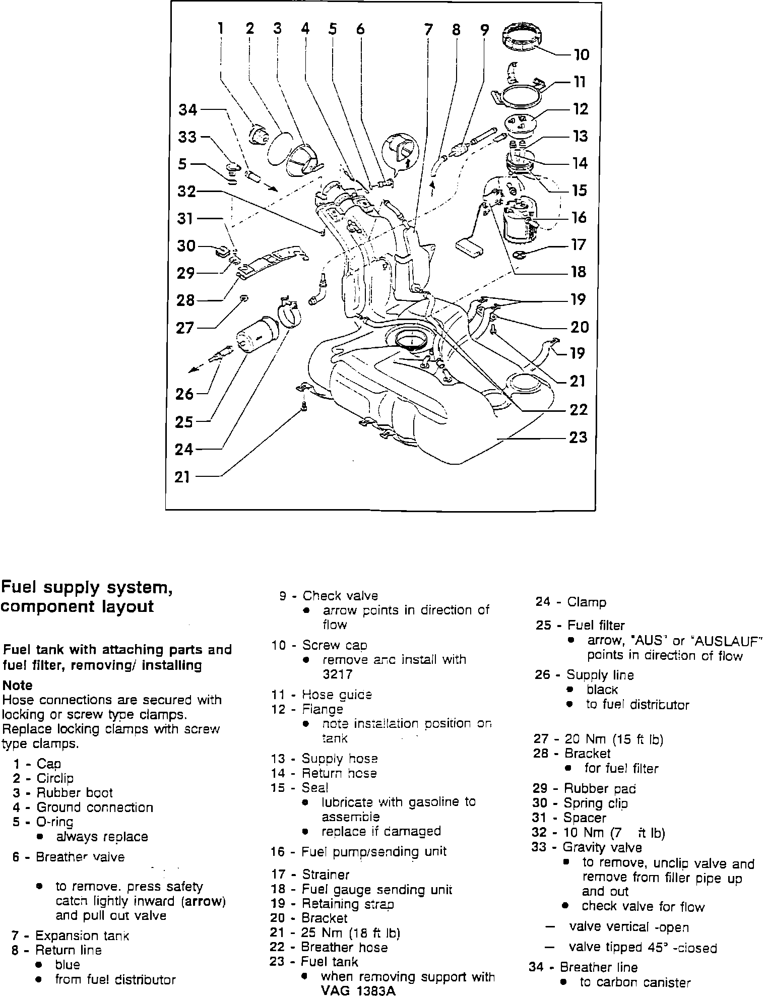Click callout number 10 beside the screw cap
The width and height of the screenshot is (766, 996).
coord(581,54)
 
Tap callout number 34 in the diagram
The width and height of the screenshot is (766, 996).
coord(188,109)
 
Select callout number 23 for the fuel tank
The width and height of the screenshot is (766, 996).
coord(579,437)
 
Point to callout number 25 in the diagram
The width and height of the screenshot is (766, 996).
coord(184,421)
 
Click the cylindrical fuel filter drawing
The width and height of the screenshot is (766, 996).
coord(257,334)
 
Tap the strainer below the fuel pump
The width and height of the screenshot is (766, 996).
coord(521,255)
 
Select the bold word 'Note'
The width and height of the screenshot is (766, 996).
coord(17,685)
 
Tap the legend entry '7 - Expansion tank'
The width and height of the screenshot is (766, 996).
coord(70,936)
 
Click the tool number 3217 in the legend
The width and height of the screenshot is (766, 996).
coord(337,674)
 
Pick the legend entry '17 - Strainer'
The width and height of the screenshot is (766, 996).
coord(310,875)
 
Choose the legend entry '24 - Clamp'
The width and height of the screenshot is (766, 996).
coord(571,602)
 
